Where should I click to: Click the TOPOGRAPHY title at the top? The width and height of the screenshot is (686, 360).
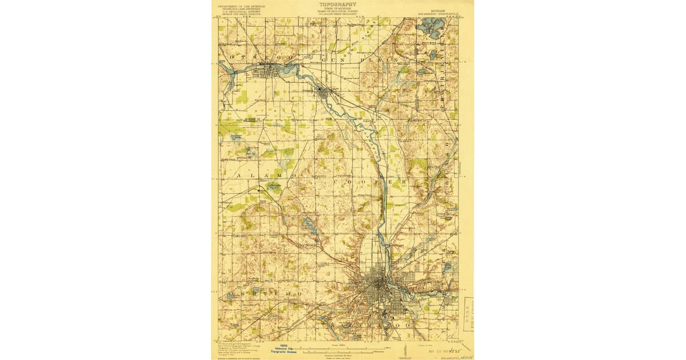coord(341,4)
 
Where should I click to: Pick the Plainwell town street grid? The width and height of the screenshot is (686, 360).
coord(324,91)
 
